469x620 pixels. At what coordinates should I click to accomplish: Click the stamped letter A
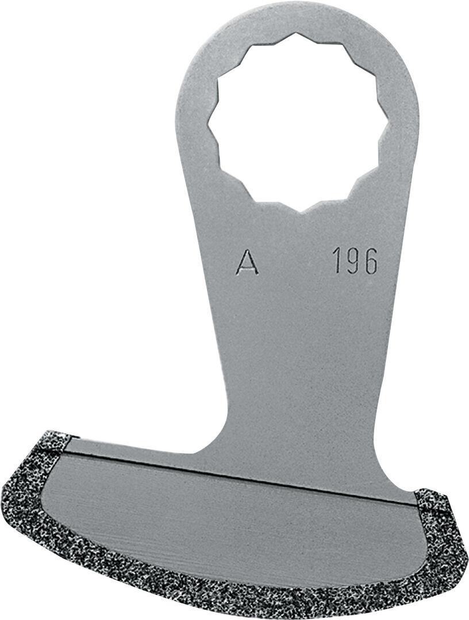(247, 262)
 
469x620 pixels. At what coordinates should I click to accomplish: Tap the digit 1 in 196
(338, 260)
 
